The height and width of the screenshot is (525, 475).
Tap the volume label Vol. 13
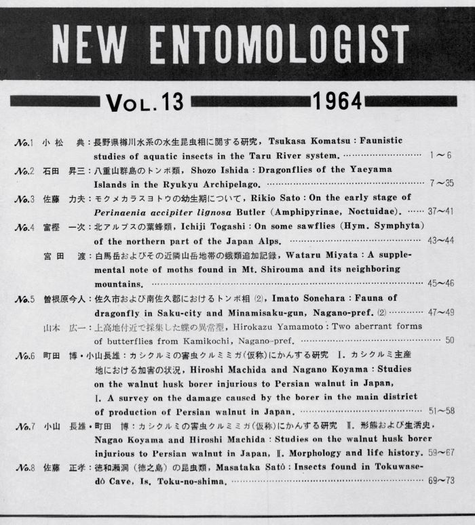click(x=145, y=102)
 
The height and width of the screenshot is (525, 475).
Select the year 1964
click(x=337, y=102)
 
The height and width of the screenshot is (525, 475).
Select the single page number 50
click(x=449, y=340)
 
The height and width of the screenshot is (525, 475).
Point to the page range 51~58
click(x=439, y=411)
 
